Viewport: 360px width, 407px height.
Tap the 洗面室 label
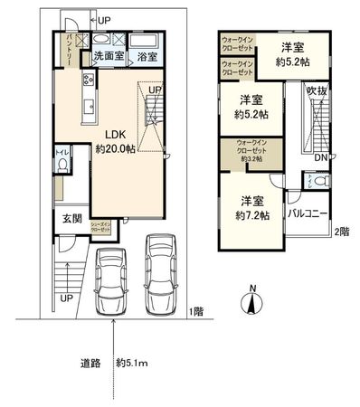(x=109, y=56)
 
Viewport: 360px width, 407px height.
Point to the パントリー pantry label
(x=71, y=48)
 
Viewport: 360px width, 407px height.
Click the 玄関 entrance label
(x=72, y=218)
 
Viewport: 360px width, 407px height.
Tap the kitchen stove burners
(x=88, y=83)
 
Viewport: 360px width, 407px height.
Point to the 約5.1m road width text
(x=134, y=364)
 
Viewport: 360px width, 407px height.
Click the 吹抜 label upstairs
(x=317, y=91)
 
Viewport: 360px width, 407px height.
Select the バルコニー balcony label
(x=308, y=213)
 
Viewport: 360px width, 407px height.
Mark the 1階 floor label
(x=196, y=311)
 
